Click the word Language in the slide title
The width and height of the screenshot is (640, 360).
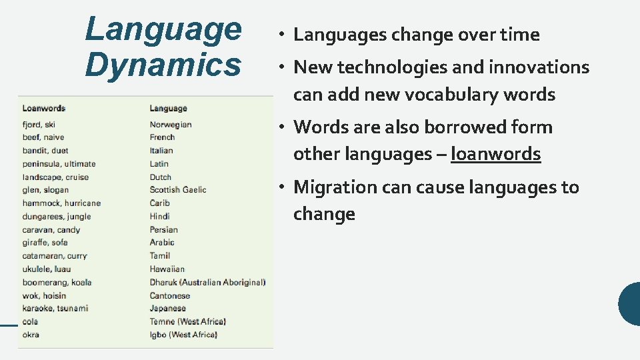click(163, 29)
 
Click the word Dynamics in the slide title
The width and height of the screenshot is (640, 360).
click(163, 65)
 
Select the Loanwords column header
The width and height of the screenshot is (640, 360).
click(44, 108)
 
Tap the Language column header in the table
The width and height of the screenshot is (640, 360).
click(168, 108)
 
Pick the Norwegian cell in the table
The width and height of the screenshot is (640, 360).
click(171, 125)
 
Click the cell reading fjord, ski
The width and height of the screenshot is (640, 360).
click(39, 125)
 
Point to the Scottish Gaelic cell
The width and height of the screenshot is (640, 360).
click(178, 190)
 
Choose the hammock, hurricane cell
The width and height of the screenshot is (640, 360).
click(61, 203)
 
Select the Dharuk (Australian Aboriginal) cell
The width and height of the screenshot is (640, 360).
click(207, 282)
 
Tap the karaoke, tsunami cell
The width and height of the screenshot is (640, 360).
click(55, 309)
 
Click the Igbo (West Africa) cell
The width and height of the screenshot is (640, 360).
click(183, 335)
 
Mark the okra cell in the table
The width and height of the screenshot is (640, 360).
click(31, 335)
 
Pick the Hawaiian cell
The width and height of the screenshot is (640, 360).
click(167, 269)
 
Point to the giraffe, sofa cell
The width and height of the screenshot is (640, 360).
click(45, 243)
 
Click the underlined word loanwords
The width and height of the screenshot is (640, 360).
click(495, 154)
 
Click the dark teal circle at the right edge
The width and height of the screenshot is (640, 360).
click(630, 304)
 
